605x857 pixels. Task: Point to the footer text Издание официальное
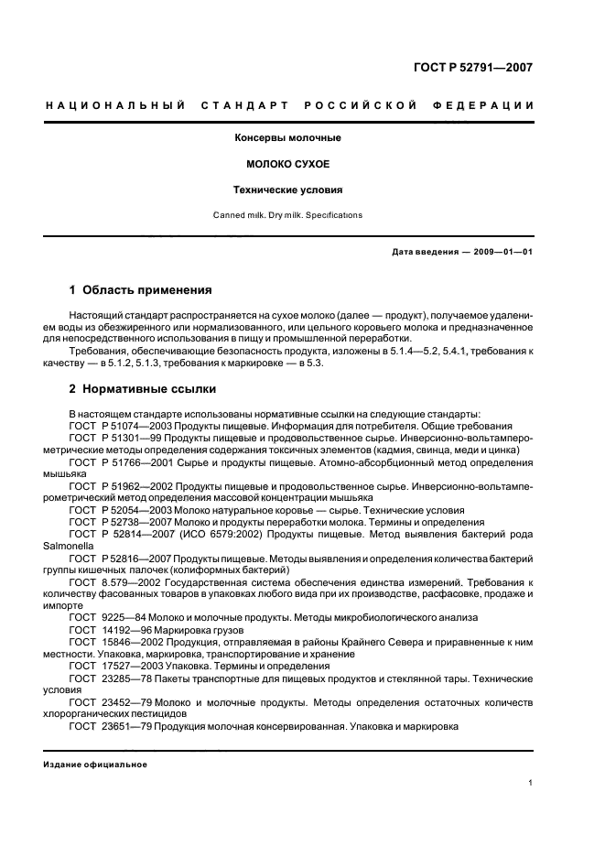(x=95, y=765)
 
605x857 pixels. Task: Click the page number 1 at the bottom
(x=531, y=783)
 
